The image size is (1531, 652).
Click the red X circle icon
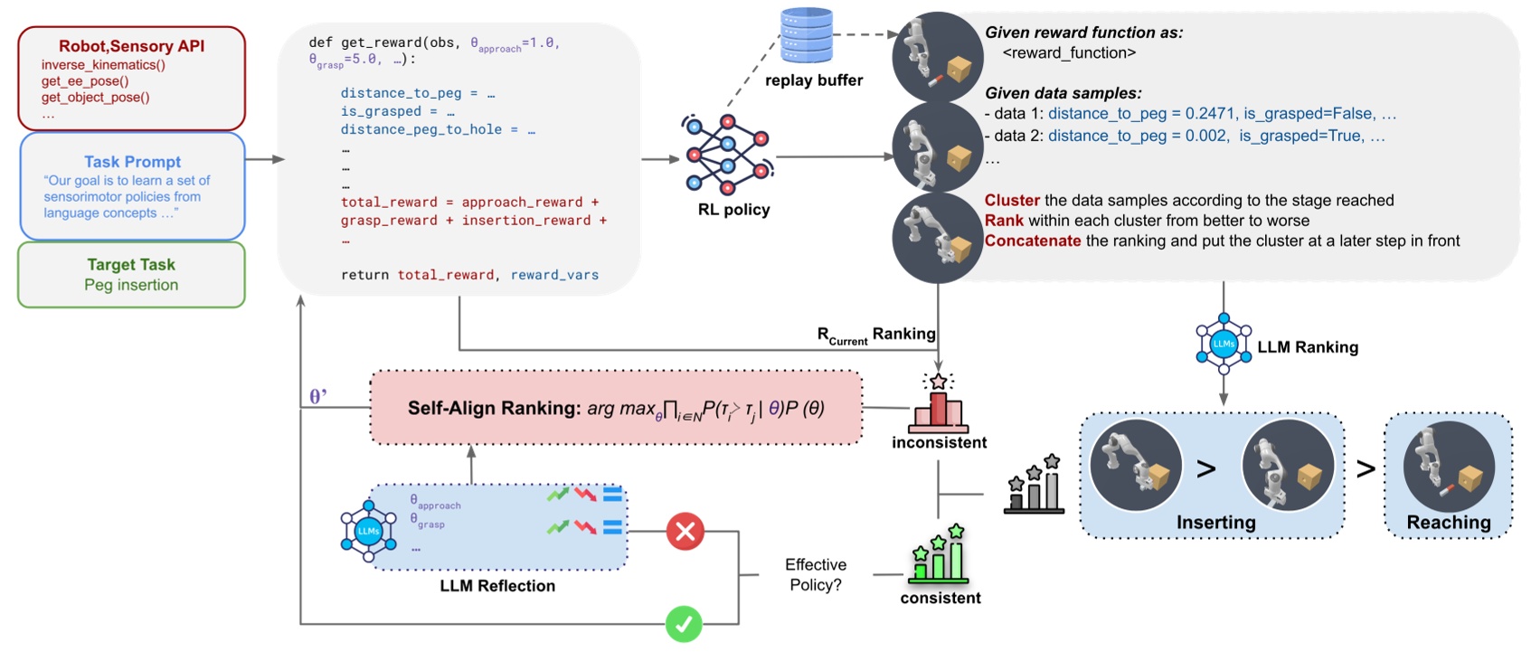(x=685, y=531)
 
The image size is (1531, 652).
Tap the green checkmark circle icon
(x=684, y=624)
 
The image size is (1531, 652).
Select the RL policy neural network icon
(x=727, y=155)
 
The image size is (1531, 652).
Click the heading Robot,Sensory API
(x=131, y=46)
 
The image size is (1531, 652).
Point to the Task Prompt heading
(x=132, y=162)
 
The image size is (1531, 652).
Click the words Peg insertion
(x=131, y=285)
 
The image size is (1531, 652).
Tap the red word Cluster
(x=1012, y=201)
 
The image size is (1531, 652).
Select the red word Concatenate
(x=1032, y=241)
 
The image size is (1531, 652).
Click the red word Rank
(x=1004, y=221)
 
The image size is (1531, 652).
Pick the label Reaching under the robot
(x=1448, y=523)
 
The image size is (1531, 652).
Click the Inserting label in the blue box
(x=1215, y=523)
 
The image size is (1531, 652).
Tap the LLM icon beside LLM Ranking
(x=1224, y=344)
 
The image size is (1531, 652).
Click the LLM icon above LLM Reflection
(x=368, y=530)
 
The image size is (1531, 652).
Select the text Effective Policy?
(x=816, y=575)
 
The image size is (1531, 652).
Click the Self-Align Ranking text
(x=494, y=408)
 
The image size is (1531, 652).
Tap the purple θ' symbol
(x=318, y=396)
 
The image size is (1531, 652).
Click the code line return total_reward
(x=416, y=275)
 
